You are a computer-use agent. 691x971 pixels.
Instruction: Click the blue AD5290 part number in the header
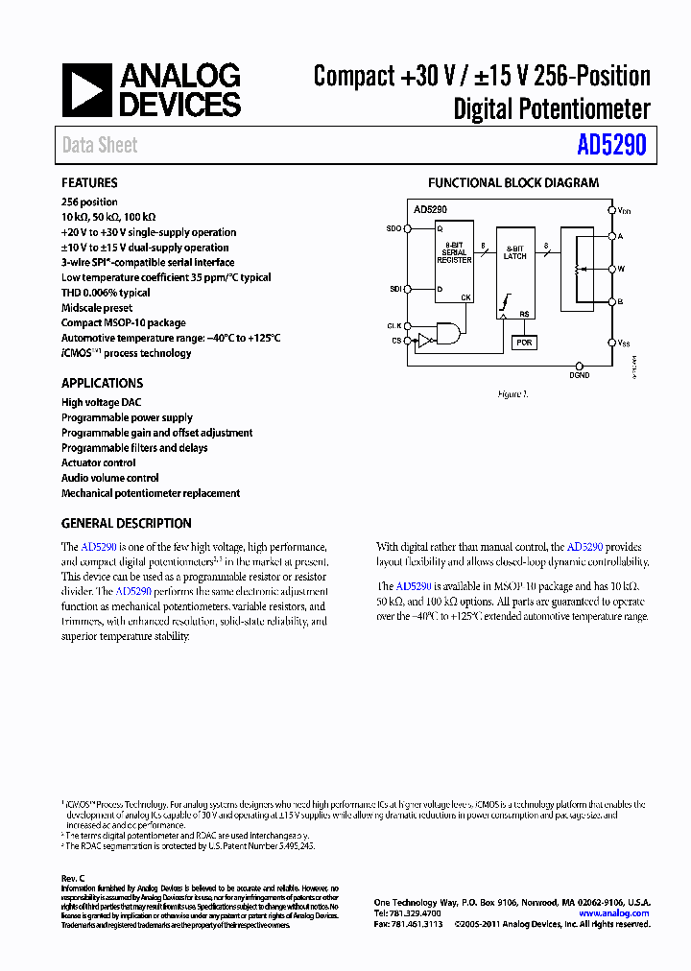611,146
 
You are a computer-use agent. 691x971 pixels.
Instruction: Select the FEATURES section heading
89,182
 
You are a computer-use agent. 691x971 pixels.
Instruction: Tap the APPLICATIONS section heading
102,383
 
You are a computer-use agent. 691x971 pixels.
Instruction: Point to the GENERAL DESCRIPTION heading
126,523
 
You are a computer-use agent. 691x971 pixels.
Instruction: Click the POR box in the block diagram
523,343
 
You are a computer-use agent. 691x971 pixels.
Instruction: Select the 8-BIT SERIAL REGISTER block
454,254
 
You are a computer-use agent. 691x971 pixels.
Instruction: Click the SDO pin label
393,228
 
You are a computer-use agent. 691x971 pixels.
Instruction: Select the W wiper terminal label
621,270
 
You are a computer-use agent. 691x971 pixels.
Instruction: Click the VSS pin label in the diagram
624,342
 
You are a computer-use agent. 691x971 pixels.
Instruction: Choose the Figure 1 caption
512,394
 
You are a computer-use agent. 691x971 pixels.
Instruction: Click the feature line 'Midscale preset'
96,308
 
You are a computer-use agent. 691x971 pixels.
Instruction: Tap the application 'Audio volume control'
109,478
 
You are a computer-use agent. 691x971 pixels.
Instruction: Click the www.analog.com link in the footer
614,913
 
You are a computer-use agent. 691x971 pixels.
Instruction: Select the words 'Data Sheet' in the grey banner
100,146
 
